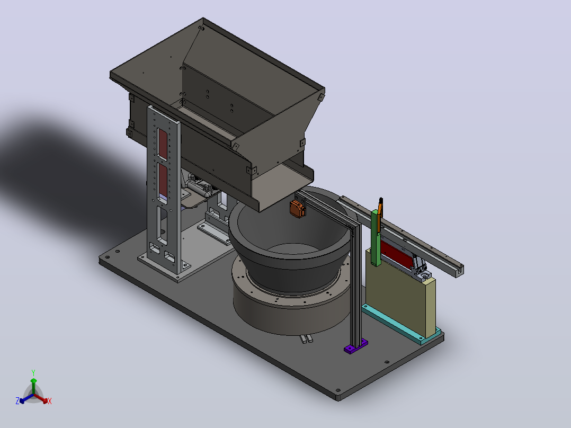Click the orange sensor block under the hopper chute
pos(297,208)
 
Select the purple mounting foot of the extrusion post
pos(356,346)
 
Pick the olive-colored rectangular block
pos(400,290)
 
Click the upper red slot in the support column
pos(163,144)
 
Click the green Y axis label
pos(33,372)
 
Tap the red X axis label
pos(50,401)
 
